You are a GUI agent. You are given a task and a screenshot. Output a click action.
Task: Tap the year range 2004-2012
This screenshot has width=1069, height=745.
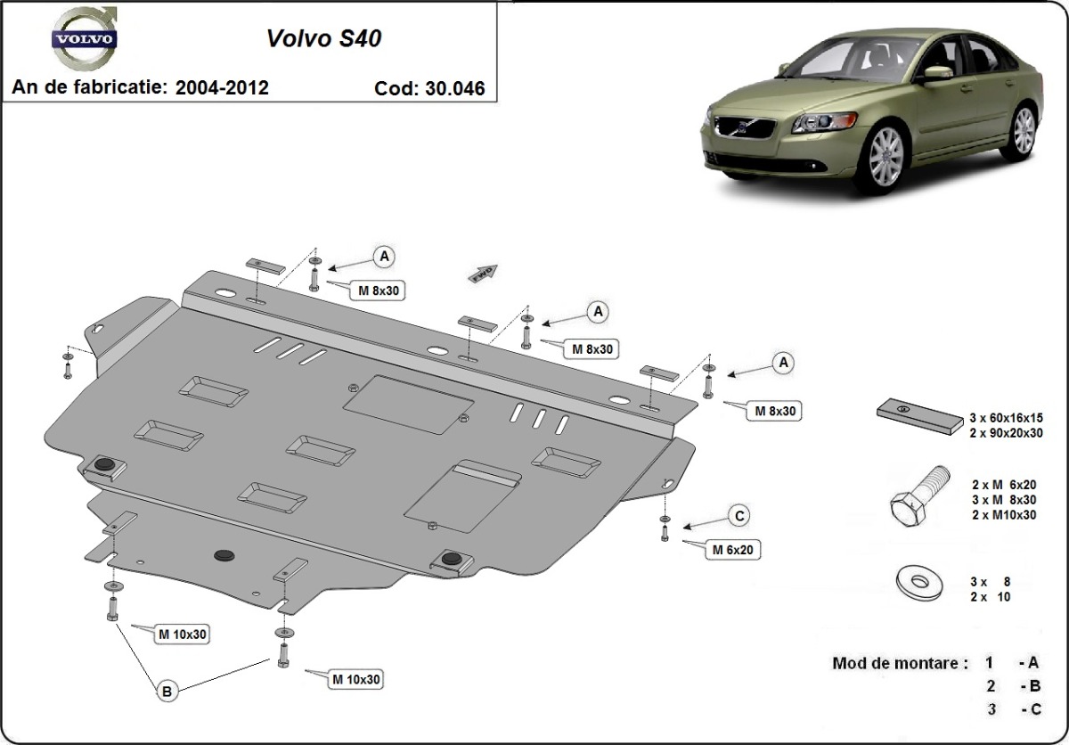tap(222, 87)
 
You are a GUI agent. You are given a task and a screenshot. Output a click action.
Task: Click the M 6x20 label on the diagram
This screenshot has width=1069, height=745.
tap(732, 550)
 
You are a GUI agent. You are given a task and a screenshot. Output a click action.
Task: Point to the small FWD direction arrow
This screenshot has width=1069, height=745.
tap(482, 274)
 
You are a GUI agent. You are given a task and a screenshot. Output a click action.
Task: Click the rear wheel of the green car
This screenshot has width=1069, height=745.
tap(1024, 130)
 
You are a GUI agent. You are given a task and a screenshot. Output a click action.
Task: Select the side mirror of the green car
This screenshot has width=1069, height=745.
tap(935, 72)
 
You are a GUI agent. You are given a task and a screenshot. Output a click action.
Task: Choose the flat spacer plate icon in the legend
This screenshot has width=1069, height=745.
tap(918, 416)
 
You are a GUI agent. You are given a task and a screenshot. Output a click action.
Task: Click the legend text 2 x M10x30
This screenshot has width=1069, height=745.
tap(1003, 514)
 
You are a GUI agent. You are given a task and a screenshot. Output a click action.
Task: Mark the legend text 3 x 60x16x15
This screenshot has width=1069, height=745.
tap(1017, 417)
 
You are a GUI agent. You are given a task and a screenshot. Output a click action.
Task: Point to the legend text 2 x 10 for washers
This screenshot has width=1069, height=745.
tap(991, 597)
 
